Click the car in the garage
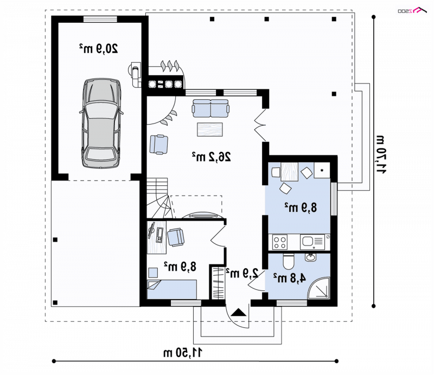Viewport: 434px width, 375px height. pyautogui.click(x=101, y=124)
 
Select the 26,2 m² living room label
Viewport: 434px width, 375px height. pyautogui.click(x=212, y=157)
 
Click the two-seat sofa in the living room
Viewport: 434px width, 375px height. pyautogui.click(x=211, y=108)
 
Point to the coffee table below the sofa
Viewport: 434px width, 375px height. pyautogui.click(x=210, y=130)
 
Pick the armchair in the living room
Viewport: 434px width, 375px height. pyautogui.click(x=158, y=144)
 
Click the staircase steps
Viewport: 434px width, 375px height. pyautogui.click(x=158, y=198)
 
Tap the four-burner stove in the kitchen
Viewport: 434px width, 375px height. pyautogui.click(x=279, y=242)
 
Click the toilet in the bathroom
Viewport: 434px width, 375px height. pyautogui.click(x=289, y=261)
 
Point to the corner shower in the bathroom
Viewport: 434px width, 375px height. pyautogui.click(x=318, y=288)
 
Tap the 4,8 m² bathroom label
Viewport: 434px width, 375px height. pyautogui.click(x=290, y=278)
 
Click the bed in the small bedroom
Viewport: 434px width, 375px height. pyautogui.click(x=171, y=289)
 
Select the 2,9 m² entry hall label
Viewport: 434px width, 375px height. pyautogui.click(x=242, y=273)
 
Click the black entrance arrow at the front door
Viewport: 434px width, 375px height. pyautogui.click(x=238, y=313)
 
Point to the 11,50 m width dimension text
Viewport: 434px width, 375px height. pyautogui.click(x=183, y=353)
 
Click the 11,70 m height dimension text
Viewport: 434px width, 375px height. pyautogui.click(x=380, y=154)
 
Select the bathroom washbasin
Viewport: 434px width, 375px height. pyautogui.click(x=311, y=257)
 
